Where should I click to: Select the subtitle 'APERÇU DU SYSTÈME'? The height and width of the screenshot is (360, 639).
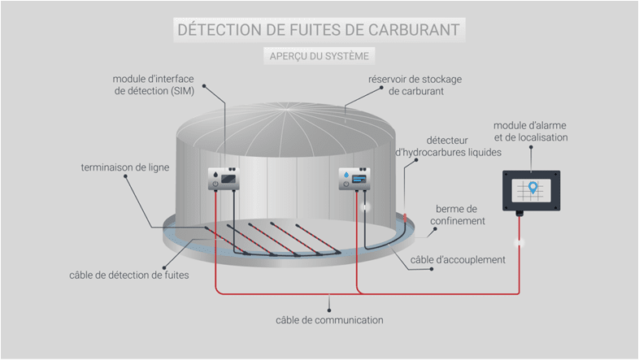point(319,56)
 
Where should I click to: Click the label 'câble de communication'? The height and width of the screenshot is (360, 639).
point(329,319)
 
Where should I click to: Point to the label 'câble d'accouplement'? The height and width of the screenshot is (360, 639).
point(459,259)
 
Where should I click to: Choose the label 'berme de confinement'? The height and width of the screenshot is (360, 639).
point(460,215)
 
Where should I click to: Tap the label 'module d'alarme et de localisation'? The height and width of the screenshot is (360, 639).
point(531,132)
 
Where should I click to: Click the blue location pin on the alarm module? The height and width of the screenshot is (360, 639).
point(532,189)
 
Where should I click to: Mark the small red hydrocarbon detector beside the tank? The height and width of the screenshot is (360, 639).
point(404,216)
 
